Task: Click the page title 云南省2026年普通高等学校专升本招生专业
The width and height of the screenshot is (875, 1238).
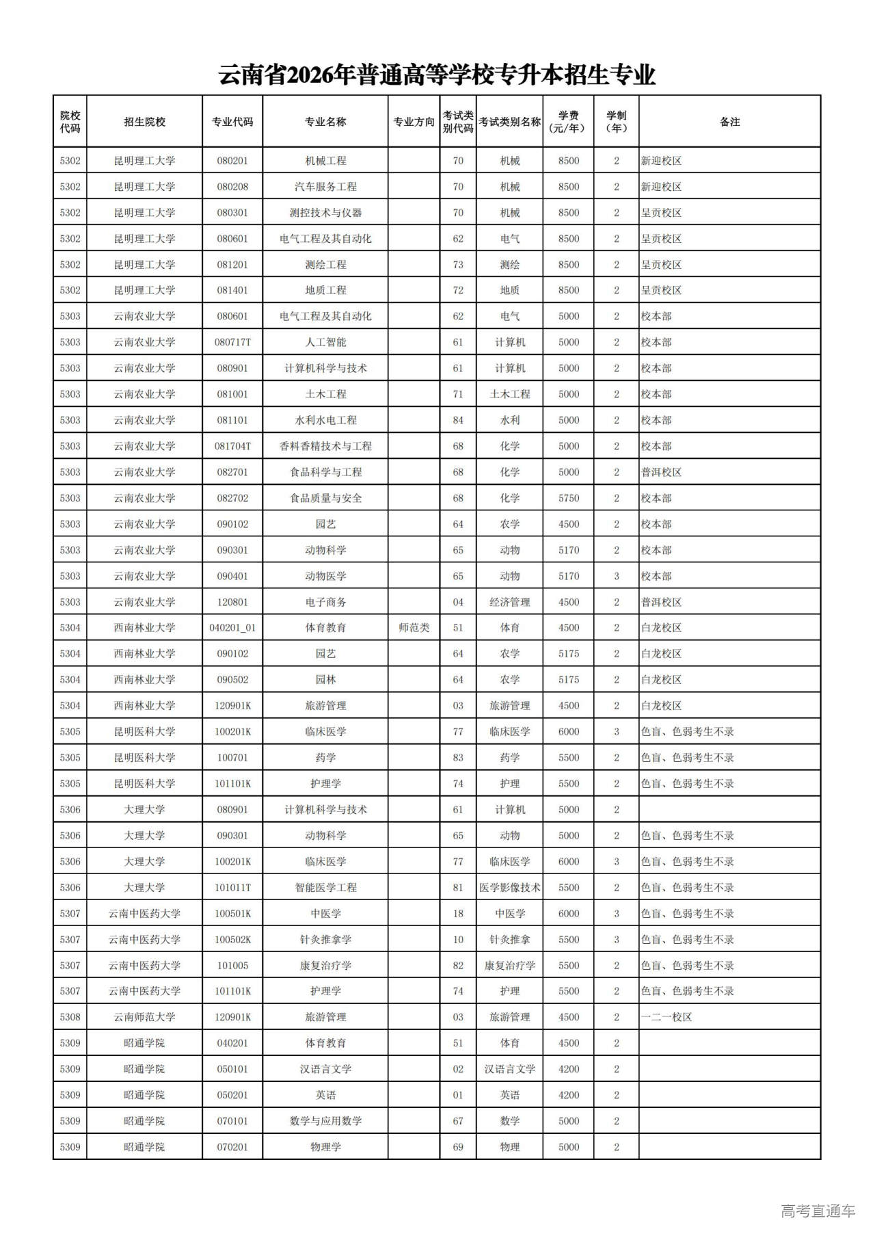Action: click(437, 75)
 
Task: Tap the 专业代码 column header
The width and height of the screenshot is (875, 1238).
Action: click(232, 122)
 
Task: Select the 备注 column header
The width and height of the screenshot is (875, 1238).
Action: click(729, 122)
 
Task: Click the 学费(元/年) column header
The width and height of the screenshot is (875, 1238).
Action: click(568, 122)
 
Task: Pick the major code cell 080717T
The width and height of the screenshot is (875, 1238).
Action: click(232, 342)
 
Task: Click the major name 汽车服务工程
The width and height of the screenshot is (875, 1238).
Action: click(325, 187)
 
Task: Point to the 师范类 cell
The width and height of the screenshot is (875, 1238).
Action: click(414, 628)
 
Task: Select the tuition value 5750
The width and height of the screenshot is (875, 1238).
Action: click(568, 498)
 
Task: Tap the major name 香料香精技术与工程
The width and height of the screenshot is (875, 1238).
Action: click(325, 446)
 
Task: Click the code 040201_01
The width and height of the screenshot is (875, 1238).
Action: click(232, 628)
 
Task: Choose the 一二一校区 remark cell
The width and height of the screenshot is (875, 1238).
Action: click(667, 1017)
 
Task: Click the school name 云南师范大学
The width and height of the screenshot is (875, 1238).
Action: click(144, 1017)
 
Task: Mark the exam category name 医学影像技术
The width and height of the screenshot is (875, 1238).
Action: click(509, 888)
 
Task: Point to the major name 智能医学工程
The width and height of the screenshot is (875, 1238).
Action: click(325, 888)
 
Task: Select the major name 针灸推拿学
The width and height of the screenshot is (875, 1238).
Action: click(325, 940)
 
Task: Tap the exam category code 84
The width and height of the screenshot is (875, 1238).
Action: click(458, 420)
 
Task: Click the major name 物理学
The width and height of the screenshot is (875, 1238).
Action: click(325, 1147)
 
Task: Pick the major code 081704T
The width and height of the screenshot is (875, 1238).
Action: click(232, 446)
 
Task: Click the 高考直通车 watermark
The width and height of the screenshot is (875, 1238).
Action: click(818, 1211)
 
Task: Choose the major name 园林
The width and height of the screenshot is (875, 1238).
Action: click(325, 680)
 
